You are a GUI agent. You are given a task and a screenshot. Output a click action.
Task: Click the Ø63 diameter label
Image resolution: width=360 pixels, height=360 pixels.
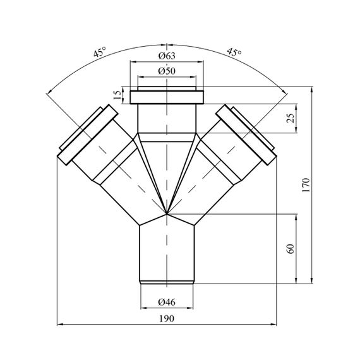coord(167,56)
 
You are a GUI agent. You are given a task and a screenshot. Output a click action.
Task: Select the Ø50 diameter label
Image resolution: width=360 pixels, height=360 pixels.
coord(167,71)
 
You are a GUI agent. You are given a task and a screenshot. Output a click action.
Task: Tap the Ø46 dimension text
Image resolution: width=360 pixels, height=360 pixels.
coord(167,302)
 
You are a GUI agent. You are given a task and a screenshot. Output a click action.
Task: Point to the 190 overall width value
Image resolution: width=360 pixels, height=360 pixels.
coord(167,319)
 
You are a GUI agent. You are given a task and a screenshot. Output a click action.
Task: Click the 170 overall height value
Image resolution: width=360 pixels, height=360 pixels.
coord(306,185)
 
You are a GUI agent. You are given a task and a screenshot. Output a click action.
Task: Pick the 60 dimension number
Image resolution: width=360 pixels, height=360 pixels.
coord(291,249)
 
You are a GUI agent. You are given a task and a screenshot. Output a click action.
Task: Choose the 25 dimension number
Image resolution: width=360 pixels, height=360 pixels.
coord(291,118)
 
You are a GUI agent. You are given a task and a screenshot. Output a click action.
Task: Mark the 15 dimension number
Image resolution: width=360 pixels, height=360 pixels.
coord(117,95)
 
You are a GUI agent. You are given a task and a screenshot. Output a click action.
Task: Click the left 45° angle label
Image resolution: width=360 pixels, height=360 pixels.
coord(100,52)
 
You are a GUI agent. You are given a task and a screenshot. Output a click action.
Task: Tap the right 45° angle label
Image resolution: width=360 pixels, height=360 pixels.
coord(234,52)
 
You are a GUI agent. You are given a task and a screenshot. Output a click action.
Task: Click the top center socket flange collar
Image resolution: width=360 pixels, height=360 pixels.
coord(167,97)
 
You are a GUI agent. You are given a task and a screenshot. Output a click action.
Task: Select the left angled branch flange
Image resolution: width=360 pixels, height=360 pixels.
coord(88,135)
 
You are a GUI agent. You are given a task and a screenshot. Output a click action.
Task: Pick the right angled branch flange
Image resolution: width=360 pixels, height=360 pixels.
coord(246,135)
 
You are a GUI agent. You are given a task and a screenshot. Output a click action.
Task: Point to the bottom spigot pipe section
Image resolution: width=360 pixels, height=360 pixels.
coord(167,255)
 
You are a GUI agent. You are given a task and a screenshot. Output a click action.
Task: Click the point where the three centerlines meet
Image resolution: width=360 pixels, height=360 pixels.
coord(167,214)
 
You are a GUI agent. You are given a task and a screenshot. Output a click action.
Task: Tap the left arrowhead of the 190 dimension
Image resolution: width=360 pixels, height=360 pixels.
coord(60,324)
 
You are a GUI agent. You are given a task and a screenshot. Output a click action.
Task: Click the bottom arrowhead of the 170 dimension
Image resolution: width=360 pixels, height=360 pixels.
coord(311,281)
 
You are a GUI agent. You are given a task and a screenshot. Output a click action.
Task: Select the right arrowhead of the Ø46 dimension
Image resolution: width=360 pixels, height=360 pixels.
coord(190,308)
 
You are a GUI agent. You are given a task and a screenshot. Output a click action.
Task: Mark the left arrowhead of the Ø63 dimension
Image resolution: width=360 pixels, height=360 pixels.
coord(133,61)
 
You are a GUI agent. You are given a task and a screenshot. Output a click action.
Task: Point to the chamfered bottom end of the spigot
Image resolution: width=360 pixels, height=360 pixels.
coord(167,282)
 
